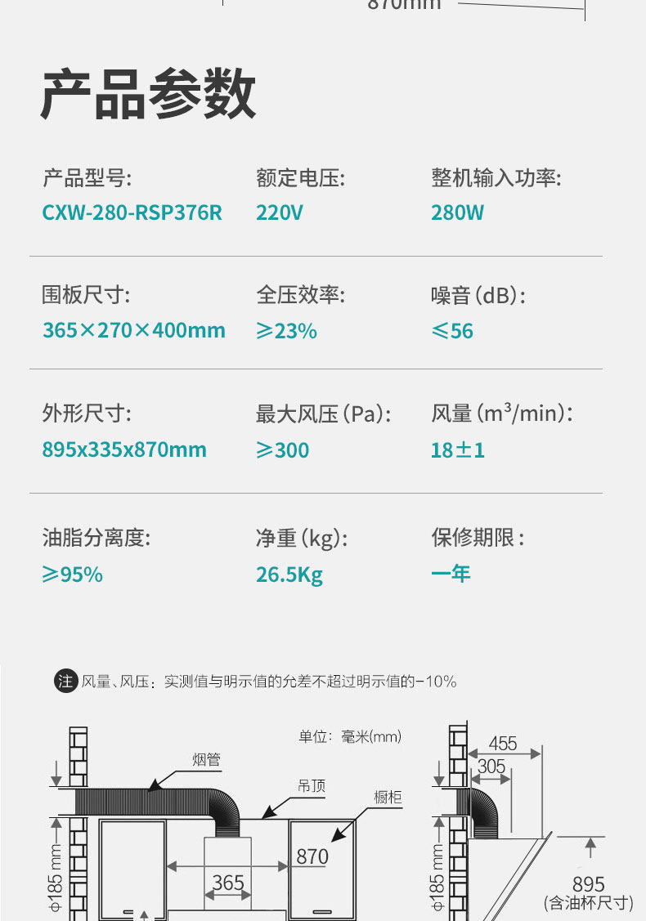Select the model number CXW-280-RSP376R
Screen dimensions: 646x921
point(132,213)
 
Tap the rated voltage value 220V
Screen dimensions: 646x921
point(279,213)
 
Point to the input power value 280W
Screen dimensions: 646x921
point(457,213)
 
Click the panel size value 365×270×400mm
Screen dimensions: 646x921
point(133,331)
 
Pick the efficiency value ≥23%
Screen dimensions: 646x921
point(286,331)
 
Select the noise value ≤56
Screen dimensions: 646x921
point(452,331)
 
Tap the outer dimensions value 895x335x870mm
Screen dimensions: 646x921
point(124,449)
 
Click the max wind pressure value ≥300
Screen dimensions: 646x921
point(283,449)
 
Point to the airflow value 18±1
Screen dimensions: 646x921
point(458,449)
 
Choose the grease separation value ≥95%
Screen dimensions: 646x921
point(73,575)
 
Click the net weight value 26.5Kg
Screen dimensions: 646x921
point(289,575)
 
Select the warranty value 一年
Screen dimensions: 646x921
point(451,574)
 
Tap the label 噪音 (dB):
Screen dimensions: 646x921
point(478,295)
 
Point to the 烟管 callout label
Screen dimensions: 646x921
point(206,760)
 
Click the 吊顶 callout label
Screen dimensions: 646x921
point(311,785)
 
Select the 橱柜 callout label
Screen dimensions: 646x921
point(388,797)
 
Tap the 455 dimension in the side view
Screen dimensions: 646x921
point(503,744)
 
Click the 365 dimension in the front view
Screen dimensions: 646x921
point(228,883)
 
